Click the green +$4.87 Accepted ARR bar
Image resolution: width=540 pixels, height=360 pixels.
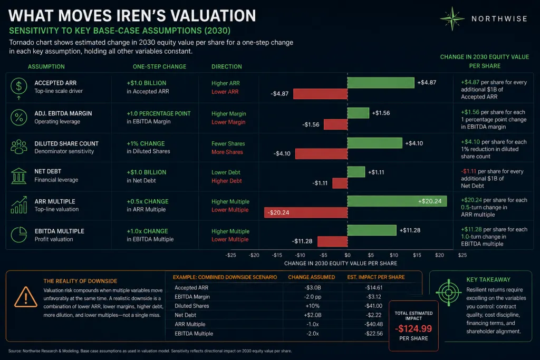click(381, 83)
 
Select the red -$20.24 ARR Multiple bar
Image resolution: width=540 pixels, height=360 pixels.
click(306, 212)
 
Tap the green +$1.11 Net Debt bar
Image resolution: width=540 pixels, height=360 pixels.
click(356, 172)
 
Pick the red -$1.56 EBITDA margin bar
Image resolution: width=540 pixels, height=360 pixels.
click(335, 124)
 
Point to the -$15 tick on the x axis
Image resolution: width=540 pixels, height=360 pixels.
click(277, 255)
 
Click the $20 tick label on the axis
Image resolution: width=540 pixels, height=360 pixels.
click(439, 255)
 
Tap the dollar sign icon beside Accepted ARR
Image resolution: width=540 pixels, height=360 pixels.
click(18, 86)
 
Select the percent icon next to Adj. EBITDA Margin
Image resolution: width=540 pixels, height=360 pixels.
click(18, 118)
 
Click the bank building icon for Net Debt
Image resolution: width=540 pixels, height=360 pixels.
click(18, 176)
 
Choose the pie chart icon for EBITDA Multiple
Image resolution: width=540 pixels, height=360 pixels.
click(18, 235)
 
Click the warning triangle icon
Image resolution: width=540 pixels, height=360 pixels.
click(26, 297)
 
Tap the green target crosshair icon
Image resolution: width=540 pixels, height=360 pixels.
click(448, 293)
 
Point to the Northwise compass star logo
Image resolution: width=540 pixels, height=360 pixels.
click(452, 18)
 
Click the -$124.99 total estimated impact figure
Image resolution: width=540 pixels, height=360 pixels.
click(413, 329)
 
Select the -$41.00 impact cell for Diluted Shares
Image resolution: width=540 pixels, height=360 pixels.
click(374, 306)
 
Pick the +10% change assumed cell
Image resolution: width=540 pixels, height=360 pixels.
click(312, 306)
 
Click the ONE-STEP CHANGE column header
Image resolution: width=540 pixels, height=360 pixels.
click(159, 66)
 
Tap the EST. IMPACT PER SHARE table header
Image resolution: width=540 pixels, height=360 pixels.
click(376, 277)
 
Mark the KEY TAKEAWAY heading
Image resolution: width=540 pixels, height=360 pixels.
click(488, 279)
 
